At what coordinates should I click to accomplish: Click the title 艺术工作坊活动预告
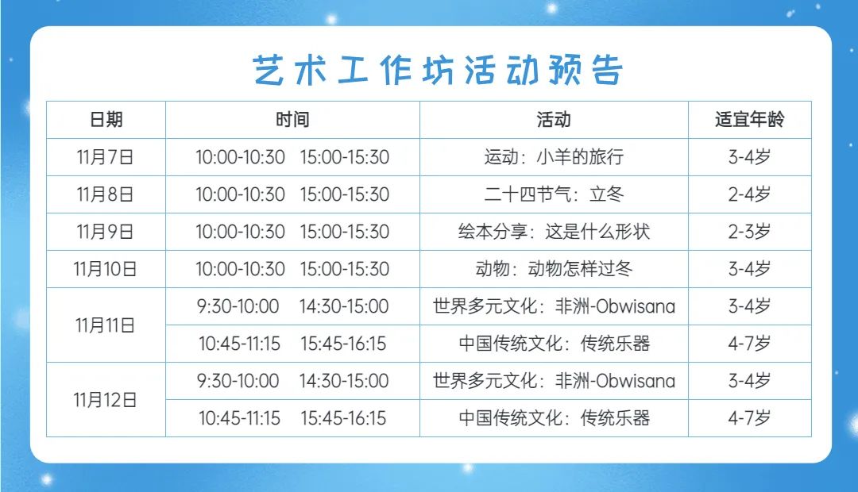(x=437, y=70)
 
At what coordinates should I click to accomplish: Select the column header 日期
(x=106, y=119)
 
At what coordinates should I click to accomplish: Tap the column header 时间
(x=292, y=119)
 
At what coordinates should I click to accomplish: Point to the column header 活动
(x=554, y=119)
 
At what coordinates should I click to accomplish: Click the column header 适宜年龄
(x=750, y=119)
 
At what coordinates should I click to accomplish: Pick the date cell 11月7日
(x=105, y=157)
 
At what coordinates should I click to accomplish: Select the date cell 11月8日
(x=105, y=194)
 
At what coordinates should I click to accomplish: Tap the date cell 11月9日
(x=105, y=231)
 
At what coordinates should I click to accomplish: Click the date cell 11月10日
(x=105, y=269)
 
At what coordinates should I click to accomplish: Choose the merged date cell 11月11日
(x=105, y=325)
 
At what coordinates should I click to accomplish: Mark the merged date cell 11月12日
(x=105, y=400)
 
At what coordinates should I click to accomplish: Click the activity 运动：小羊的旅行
(x=554, y=157)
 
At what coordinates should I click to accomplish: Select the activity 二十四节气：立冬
(x=554, y=194)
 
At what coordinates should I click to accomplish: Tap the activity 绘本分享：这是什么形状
(x=554, y=231)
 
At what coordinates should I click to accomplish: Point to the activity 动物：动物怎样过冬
(x=554, y=269)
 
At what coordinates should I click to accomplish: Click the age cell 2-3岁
(x=750, y=231)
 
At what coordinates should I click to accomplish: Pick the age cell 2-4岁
(x=750, y=194)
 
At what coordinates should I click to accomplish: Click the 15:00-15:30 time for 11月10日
(x=345, y=269)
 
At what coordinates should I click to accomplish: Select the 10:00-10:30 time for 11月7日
(x=240, y=157)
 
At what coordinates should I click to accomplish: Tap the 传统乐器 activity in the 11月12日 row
(x=615, y=418)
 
